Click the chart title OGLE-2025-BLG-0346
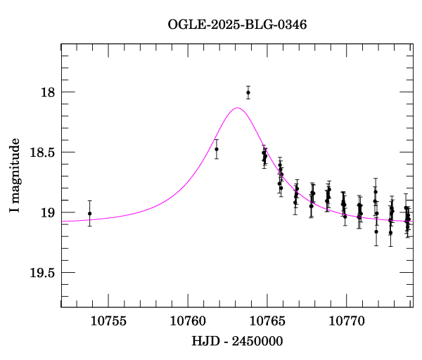click(237, 25)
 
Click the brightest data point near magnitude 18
click(248, 92)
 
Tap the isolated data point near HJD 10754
click(89, 213)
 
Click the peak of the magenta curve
click(238, 108)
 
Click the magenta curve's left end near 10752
click(63, 221)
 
